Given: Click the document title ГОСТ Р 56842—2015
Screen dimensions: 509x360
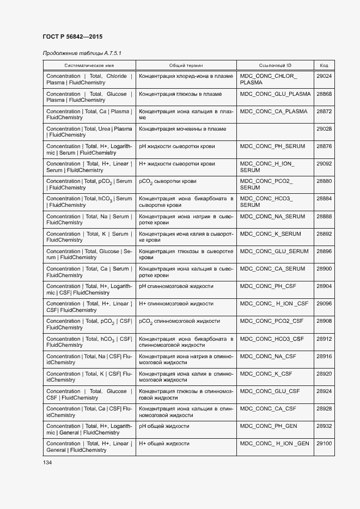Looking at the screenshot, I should pyautogui.click(x=72, y=36).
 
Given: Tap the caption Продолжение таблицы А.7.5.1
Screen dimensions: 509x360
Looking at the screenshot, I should pyautogui.click(x=82, y=53).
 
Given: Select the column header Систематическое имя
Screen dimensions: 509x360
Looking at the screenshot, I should pyautogui.click(x=89, y=65).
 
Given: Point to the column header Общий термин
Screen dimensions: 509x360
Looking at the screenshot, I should pyautogui.click(x=186, y=65).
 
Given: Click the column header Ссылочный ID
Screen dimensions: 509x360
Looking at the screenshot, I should pyautogui.click(x=275, y=65).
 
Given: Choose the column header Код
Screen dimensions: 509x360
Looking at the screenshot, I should pyautogui.click(x=324, y=65).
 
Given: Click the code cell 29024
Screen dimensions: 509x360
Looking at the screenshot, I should pyautogui.click(x=324, y=76).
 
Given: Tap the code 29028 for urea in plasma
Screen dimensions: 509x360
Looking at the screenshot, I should pyautogui.click(x=324, y=129).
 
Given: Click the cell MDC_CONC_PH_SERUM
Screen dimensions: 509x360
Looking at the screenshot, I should pyautogui.click(x=272, y=146).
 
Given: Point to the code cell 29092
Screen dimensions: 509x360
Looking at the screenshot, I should pyautogui.click(x=324, y=164).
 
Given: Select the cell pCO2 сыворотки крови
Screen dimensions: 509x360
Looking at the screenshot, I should pyautogui.click(x=168, y=181).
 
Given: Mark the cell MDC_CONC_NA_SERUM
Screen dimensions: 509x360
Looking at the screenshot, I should pyautogui.click(x=272, y=216).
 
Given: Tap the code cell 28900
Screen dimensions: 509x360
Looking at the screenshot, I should pyautogui.click(x=324, y=269).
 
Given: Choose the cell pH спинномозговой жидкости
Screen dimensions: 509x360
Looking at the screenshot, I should pyautogui.click(x=176, y=286).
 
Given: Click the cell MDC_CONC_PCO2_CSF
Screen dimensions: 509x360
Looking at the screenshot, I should pyautogui.click(x=272, y=321).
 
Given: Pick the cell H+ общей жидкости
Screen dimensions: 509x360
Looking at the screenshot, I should pyautogui.click(x=164, y=444).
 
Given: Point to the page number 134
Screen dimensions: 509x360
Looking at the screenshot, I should pyautogui.click(x=48, y=463).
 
